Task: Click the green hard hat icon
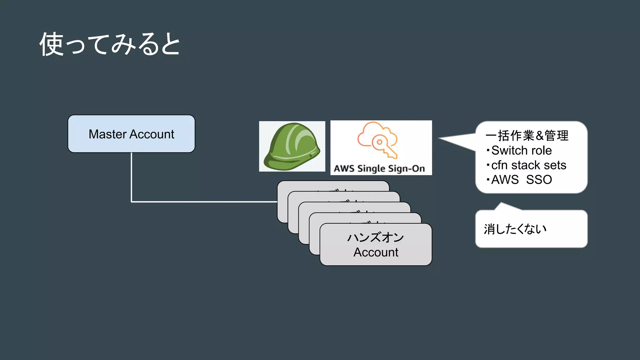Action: tap(292, 146)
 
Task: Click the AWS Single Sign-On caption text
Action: tap(379, 168)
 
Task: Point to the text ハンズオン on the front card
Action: tap(376, 237)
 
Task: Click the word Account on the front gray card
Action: tap(376, 252)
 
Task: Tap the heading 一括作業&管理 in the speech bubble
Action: tap(527, 136)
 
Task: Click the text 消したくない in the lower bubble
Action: tap(515, 229)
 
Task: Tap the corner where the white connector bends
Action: tap(132, 202)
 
